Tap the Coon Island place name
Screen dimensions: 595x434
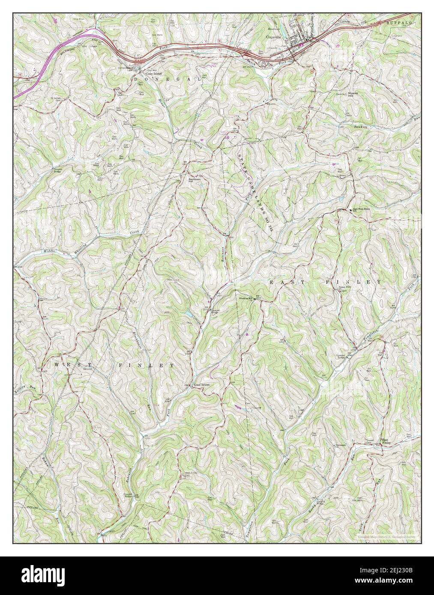(146, 72)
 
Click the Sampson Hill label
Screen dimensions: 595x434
(193, 179)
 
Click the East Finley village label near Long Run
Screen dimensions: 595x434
(386, 441)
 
